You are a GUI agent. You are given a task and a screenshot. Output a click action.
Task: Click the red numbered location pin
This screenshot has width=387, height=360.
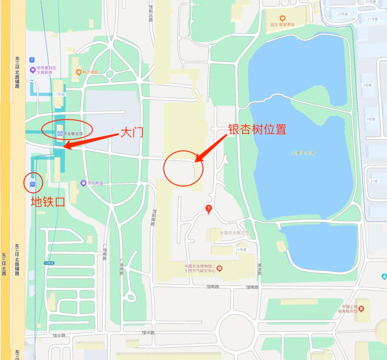click(x=209, y=209)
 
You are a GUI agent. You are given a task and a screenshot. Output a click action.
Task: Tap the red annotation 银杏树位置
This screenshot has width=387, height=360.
click(x=257, y=129)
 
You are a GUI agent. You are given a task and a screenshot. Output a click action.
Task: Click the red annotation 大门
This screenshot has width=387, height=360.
click(x=132, y=132)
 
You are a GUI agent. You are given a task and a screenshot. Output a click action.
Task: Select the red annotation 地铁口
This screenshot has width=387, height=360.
click(x=48, y=202)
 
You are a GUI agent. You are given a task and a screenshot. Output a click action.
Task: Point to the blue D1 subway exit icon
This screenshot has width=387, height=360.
click(x=33, y=184)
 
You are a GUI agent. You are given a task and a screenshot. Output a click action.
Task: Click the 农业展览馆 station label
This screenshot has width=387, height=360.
click(x=73, y=134)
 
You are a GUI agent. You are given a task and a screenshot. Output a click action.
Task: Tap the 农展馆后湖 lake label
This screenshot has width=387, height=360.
click(x=303, y=153)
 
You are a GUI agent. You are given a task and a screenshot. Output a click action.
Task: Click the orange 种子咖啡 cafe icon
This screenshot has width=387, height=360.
click(x=79, y=72)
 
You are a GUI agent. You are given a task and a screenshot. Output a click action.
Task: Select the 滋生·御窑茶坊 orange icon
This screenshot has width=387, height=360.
click(x=282, y=18)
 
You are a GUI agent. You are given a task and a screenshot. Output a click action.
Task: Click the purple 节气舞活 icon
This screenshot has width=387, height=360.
click(x=83, y=183)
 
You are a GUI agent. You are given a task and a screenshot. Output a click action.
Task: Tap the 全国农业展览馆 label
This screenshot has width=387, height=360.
click(x=234, y=233)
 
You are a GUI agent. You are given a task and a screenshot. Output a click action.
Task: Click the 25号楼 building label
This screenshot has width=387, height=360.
click(x=241, y=250)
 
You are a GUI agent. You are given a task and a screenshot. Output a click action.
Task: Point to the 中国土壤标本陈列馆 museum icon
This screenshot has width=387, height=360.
click(x=361, y=309)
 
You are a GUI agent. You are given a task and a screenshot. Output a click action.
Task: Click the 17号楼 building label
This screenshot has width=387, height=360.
click(x=59, y=94)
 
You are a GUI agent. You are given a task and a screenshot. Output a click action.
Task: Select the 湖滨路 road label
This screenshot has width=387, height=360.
click(x=259, y=269)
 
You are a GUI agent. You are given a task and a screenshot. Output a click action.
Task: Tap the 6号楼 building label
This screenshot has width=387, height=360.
click(x=371, y=119)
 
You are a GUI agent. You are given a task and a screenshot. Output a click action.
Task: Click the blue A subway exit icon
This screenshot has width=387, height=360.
click(x=32, y=60)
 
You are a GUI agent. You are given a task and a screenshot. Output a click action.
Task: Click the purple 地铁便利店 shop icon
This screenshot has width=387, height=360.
click(x=33, y=70)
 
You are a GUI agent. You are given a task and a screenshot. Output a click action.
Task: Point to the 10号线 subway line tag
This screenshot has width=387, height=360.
click(x=49, y=263)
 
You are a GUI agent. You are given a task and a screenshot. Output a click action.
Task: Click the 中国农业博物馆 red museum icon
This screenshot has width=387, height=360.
click(x=219, y=268)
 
